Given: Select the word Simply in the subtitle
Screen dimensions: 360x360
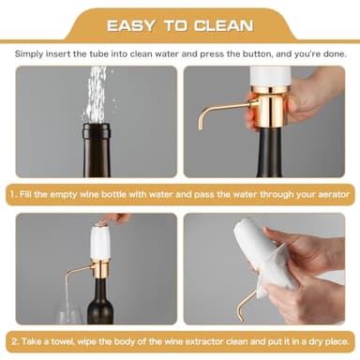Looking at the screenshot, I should click(34, 55).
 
